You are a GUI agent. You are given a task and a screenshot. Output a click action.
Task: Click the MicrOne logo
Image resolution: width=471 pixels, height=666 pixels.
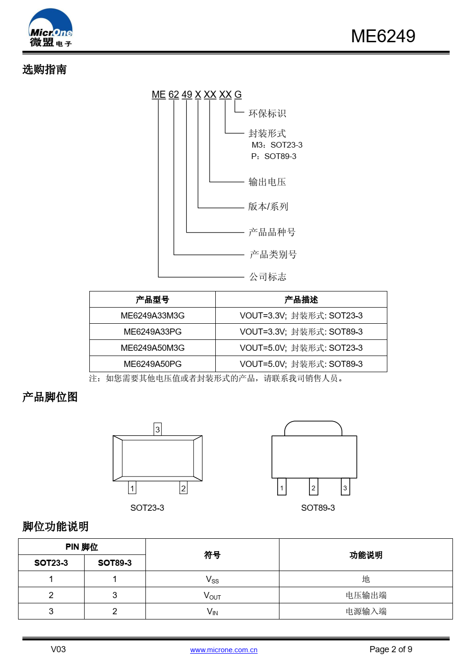50,28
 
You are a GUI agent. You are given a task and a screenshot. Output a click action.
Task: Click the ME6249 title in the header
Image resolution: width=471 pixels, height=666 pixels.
383,36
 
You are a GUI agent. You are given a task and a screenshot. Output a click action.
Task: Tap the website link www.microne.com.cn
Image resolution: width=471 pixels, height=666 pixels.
223,650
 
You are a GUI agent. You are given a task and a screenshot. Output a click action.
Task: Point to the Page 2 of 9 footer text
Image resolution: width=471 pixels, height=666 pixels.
390,649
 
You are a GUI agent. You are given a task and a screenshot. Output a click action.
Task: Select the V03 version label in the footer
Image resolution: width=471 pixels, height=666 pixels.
58,649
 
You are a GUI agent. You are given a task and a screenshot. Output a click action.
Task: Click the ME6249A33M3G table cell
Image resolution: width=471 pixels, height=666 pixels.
153,316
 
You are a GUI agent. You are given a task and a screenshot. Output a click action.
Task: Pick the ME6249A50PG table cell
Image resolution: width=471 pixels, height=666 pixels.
153,364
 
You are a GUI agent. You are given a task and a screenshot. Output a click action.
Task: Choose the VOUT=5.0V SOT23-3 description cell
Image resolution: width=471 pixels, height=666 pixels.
301,348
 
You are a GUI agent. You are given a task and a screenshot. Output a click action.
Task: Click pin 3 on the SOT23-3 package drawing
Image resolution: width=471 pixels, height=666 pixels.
158,429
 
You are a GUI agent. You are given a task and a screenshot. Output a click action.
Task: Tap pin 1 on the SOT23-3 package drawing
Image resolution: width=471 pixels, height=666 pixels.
132,488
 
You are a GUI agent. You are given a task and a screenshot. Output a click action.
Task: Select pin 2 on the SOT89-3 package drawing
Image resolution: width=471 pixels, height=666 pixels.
313,488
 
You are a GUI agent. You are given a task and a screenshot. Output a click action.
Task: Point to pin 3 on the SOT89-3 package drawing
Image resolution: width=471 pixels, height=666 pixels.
345,488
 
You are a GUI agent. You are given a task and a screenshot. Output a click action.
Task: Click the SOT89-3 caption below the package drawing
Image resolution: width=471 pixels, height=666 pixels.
317,508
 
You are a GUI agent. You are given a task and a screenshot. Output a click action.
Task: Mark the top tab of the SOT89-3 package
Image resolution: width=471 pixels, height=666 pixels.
313,428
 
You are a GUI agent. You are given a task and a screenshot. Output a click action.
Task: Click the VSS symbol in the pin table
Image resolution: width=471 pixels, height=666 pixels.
212,579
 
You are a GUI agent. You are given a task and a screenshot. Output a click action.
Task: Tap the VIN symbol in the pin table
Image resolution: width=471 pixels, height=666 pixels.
212,611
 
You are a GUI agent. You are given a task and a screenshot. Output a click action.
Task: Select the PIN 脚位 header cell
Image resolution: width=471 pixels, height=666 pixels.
82,547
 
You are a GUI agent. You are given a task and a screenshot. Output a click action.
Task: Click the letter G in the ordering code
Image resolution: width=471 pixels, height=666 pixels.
238,94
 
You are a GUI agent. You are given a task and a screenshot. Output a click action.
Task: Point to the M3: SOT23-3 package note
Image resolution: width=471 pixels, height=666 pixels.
277,145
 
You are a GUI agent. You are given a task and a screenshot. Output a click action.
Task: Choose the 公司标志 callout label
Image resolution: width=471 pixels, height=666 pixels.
268,277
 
